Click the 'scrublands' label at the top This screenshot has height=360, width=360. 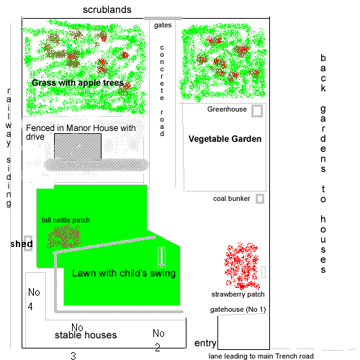[x=107, y=10]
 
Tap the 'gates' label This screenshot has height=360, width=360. [x=163, y=25]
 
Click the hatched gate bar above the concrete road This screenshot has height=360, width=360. [x=163, y=18]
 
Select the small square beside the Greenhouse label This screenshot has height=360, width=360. [x=257, y=111]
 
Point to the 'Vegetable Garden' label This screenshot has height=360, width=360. [x=225, y=139]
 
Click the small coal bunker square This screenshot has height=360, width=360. [x=260, y=199]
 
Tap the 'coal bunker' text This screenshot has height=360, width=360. [x=231, y=199]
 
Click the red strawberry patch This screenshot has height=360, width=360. [x=242, y=266]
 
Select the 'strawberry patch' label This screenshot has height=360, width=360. [x=238, y=294]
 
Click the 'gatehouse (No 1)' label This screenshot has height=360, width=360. [x=238, y=310]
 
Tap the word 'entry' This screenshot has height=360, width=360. [x=205, y=343]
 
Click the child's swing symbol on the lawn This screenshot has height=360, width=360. [x=162, y=257]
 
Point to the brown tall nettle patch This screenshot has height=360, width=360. [x=64, y=236]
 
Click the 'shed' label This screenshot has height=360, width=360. [x=22, y=244]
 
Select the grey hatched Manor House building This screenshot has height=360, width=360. [x=78, y=146]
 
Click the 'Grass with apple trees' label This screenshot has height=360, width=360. [x=78, y=83]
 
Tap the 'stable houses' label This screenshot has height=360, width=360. [x=86, y=335]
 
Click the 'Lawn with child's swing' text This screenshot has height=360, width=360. [x=124, y=273]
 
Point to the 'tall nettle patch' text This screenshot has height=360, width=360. [x=66, y=220]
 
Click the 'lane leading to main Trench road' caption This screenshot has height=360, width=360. [x=261, y=356]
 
